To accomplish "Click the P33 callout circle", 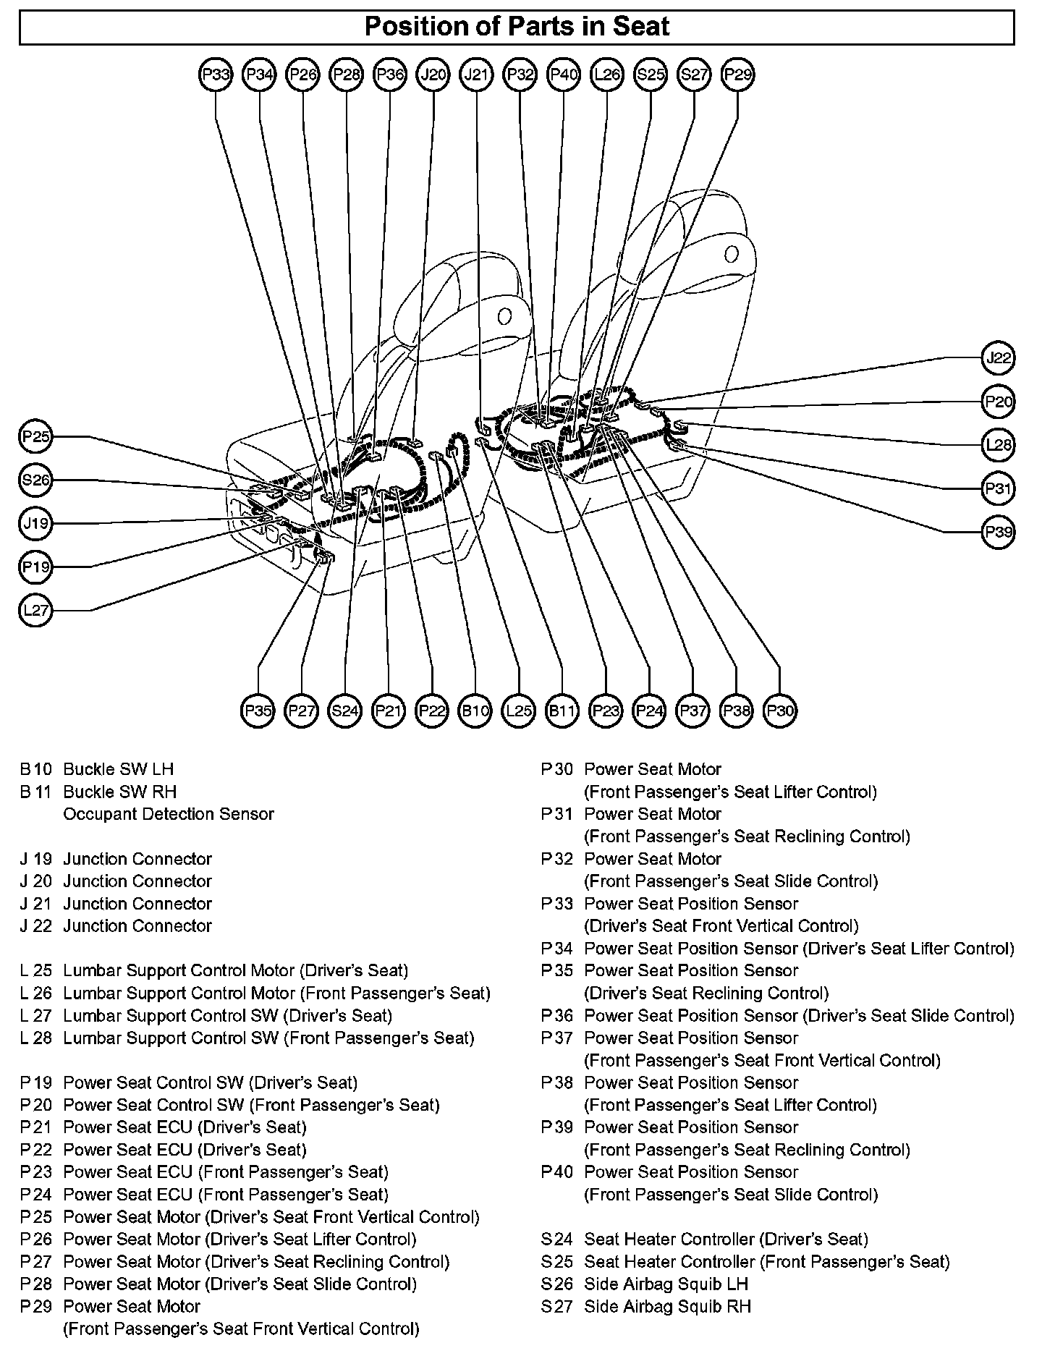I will [216, 75].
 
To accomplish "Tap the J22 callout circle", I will [999, 358].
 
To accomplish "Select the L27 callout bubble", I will [35, 611].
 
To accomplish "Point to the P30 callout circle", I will [780, 711].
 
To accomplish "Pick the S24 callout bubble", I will [345, 711].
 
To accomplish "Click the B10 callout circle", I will [475, 711].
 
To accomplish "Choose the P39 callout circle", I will [999, 533].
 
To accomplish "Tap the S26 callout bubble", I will [35, 480].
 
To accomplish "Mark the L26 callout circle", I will [606, 75].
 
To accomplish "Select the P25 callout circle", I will [35, 437].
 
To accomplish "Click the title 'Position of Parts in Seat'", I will [517, 27].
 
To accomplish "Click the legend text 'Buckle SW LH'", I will [119, 769].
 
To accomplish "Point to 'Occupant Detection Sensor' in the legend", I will [169, 814].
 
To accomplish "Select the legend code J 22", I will [36, 926].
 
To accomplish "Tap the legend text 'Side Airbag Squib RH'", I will [667, 1307].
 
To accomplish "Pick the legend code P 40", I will [557, 1172].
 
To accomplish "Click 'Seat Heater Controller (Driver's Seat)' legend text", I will [726, 1240].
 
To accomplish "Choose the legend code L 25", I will [36, 971].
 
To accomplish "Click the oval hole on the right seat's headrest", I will [731, 255].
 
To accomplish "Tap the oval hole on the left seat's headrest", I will [504, 316].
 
